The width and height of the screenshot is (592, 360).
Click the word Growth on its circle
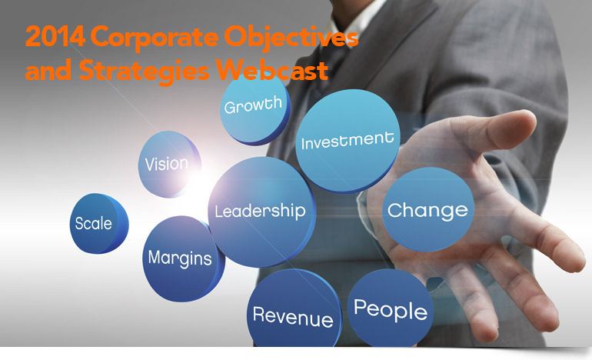pyautogui.click(x=253, y=105)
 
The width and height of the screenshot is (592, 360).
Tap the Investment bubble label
pyautogui.click(x=348, y=141)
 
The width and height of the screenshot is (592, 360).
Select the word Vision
pyautogui.click(x=167, y=164)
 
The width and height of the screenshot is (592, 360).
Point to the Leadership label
pyautogui.click(x=260, y=212)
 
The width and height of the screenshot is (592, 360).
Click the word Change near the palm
pyautogui.click(x=427, y=211)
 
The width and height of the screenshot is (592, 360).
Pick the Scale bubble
pyautogui.click(x=99, y=223)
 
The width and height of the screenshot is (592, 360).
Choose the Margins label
pyautogui.click(x=180, y=258)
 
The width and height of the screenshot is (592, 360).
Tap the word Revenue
pyautogui.click(x=293, y=317)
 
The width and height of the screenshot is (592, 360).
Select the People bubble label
pyautogui.click(x=391, y=310)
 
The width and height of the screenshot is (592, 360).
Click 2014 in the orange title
pyautogui.click(x=55, y=37)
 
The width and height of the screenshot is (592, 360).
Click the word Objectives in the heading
pyautogui.click(x=291, y=38)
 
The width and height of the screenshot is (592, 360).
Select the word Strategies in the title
pyautogui.click(x=145, y=72)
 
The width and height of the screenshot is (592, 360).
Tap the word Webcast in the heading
pyautogui.click(x=272, y=69)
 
